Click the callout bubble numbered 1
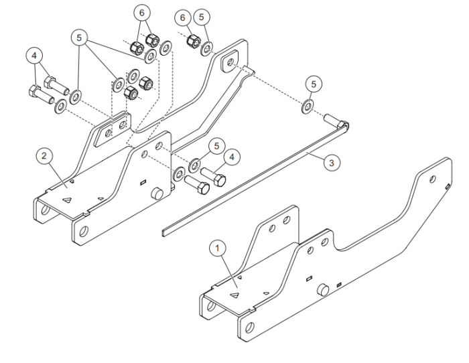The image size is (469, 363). click(218, 248)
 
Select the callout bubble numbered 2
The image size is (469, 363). click(44, 156)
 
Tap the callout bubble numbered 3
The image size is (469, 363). click(332, 163)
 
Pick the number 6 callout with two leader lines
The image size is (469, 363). click(141, 13)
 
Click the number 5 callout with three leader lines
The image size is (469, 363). click(79, 38)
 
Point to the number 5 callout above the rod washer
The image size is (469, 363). click(314, 84)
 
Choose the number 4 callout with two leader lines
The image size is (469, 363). click(34, 56)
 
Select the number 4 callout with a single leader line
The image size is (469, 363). click(232, 157)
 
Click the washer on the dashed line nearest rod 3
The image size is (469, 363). click(307, 106)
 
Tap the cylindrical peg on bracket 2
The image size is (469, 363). click(157, 193)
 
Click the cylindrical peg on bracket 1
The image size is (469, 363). click(323, 290)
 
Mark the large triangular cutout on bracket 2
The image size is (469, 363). click(67, 200)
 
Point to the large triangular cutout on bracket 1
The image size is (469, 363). click(234, 295)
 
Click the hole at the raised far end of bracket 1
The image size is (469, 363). click(432, 179)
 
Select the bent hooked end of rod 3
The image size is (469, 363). click(344, 125)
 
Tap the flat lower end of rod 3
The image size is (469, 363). click(165, 232)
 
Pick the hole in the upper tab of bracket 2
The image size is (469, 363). click(230, 62)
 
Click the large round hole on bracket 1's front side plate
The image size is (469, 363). click(249, 328)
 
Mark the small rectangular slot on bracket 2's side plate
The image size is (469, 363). click(143, 181)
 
